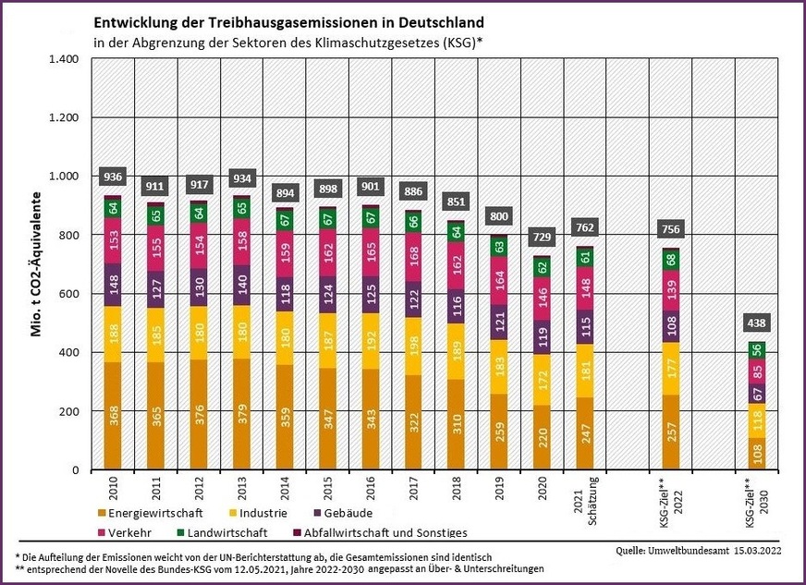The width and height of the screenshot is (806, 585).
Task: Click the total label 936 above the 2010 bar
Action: pos(113,177)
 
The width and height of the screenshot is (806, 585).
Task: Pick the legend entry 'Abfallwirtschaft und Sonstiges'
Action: pos(381,532)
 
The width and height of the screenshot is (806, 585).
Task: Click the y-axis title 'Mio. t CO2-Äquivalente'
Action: pos(38,263)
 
